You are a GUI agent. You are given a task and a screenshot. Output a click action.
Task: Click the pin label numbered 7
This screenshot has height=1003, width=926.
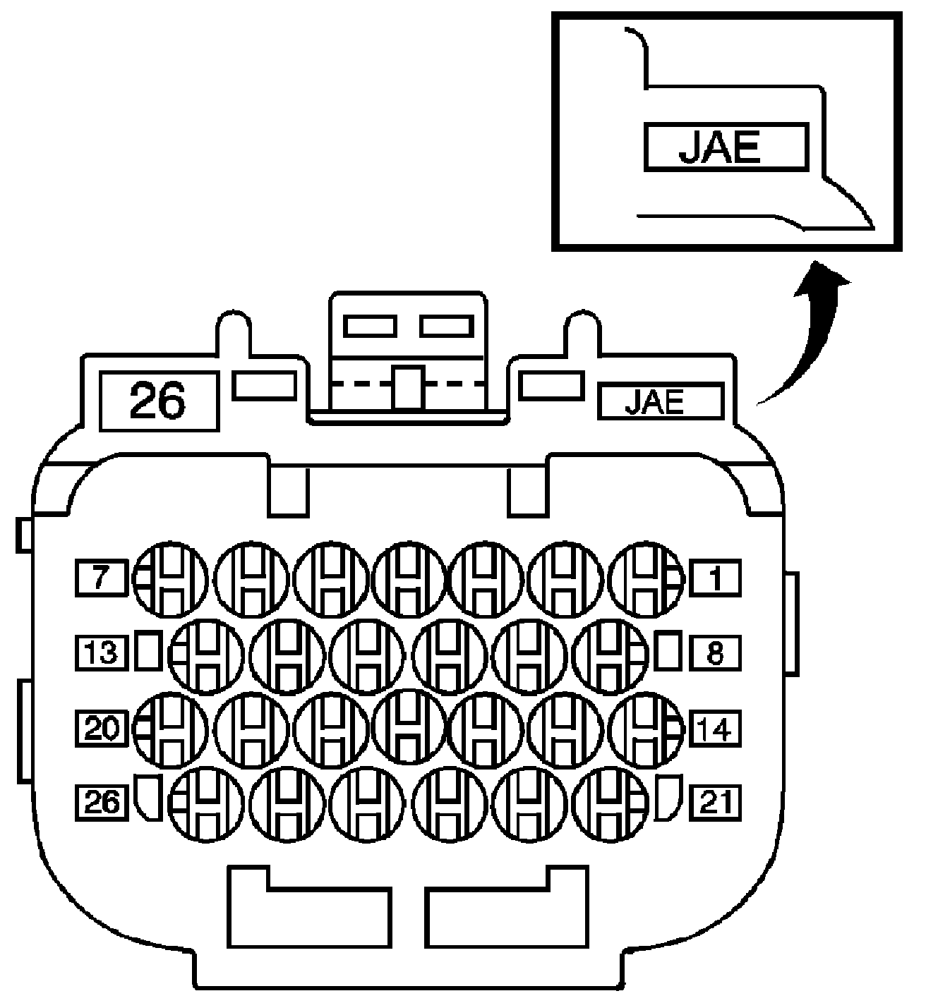click(101, 578)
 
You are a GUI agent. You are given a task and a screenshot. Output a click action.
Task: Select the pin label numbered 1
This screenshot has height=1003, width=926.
click(715, 578)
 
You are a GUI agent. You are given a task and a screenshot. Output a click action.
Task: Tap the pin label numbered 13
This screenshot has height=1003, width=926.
click(102, 652)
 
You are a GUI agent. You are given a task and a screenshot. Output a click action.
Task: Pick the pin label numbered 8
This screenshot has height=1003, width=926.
click(715, 652)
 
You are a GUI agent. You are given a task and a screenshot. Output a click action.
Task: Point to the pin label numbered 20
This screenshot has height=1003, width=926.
click(102, 729)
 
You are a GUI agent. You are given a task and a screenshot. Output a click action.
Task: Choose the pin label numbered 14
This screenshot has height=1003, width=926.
click(716, 729)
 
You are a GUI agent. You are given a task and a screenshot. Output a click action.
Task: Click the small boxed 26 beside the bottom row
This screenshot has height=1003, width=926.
click(102, 802)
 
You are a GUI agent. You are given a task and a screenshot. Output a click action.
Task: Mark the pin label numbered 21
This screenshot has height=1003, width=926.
click(716, 802)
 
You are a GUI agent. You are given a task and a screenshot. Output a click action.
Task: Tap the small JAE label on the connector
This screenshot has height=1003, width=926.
click(661, 401)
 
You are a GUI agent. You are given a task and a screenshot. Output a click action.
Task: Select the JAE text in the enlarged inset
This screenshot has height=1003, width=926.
click(725, 147)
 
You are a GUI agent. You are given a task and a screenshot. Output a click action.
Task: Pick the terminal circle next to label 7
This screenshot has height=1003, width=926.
click(170, 578)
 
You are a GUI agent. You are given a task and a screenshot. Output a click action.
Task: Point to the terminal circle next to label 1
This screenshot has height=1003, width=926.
click(645, 578)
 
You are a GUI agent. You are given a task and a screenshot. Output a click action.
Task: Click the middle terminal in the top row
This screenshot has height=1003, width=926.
click(408, 578)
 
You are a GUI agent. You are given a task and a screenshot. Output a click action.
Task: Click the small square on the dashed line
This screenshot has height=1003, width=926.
click(408, 387)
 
